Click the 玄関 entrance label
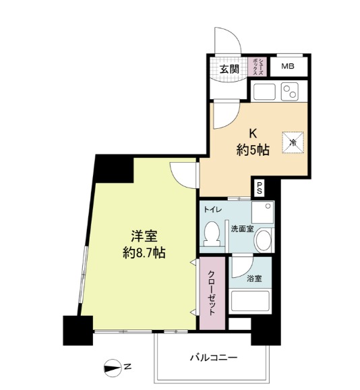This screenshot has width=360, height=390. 229,69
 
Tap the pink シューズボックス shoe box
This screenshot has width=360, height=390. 257,67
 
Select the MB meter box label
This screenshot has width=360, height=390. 288,66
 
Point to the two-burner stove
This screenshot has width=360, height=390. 289,91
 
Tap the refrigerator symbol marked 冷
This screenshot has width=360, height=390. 293,143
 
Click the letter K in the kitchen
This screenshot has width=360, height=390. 253,134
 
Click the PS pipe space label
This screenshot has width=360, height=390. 260,188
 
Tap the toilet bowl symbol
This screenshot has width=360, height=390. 212,233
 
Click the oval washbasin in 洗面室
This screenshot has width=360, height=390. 263,240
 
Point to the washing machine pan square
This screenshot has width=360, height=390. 263,212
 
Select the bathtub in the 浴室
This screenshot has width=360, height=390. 250,301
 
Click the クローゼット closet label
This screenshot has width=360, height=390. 211,293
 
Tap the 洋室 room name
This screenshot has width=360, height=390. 144,236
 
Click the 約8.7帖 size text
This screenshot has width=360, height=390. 144,253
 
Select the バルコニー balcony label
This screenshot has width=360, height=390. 214,358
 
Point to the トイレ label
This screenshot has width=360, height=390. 213,209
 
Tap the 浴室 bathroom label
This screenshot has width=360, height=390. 254,279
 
